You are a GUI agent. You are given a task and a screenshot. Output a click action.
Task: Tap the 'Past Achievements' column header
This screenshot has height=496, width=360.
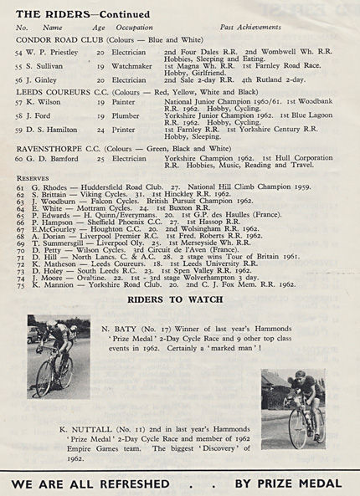tap(239, 28)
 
